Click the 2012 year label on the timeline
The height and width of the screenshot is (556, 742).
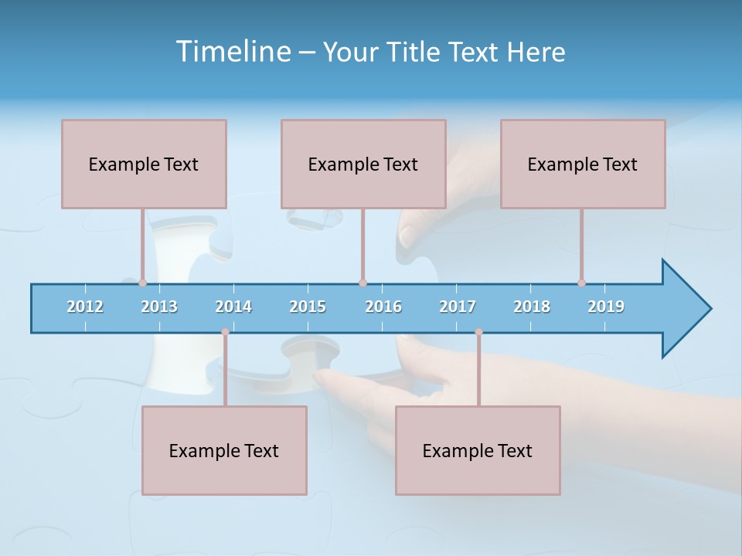85,307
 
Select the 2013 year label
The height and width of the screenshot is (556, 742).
159,307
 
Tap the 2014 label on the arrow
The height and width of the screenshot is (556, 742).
233,307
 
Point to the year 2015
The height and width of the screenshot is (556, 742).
308,307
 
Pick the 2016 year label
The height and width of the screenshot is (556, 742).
383,307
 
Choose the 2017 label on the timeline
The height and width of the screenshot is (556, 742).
458,307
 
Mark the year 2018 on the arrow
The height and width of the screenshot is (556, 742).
532,307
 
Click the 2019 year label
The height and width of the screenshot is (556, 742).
606,307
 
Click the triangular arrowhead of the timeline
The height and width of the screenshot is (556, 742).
684,309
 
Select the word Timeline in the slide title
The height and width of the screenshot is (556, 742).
232,52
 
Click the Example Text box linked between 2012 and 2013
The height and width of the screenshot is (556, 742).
144,164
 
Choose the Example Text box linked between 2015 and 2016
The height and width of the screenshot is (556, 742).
363,164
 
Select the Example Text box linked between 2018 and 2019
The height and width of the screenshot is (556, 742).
583,164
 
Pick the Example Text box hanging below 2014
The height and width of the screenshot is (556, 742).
224,450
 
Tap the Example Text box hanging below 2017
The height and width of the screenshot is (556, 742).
478,450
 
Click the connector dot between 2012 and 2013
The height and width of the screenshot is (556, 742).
142,283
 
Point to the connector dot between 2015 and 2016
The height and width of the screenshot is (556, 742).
362,283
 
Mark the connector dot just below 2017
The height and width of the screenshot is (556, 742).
478,332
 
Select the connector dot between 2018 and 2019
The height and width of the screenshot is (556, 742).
581,283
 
